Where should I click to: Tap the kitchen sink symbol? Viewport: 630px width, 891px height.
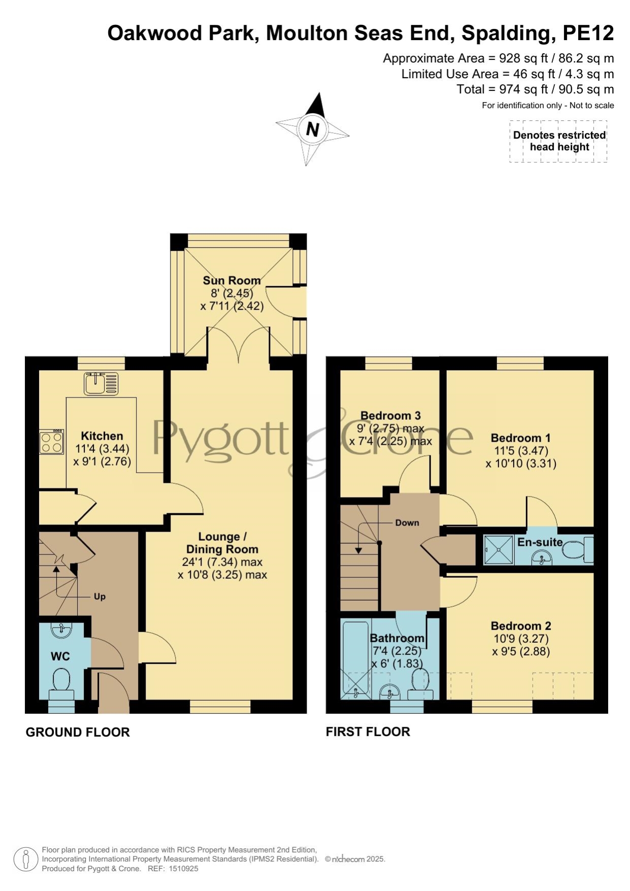point(101,384)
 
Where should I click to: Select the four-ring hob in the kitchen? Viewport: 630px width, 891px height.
point(52,442)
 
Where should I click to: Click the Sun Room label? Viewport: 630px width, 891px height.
point(231,280)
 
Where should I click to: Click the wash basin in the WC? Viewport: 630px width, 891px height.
point(62,630)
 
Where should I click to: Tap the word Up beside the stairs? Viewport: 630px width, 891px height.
point(100,597)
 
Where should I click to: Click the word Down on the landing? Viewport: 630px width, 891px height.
point(407,523)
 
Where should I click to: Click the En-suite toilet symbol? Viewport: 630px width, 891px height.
point(578,550)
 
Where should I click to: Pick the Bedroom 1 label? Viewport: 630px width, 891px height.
point(520,438)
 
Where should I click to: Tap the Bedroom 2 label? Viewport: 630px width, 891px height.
point(521,626)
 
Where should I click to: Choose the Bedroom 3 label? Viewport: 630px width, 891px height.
point(390,416)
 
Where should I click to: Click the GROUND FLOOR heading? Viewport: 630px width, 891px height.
point(78,732)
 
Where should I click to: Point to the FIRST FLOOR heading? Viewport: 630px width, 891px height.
point(368,732)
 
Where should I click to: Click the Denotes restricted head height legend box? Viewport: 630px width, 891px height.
point(558,141)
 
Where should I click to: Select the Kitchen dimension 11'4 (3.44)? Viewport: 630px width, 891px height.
point(102,449)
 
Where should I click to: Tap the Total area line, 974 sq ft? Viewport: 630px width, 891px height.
point(536,89)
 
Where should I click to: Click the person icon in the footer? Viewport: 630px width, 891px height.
point(25,860)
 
